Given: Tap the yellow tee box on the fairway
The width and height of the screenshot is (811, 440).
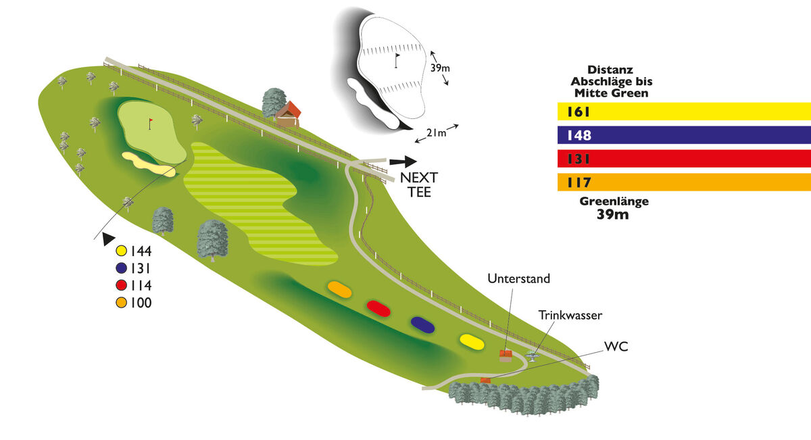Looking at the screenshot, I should click(x=471, y=341).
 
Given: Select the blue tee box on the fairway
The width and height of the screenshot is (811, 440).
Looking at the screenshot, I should click(x=422, y=324).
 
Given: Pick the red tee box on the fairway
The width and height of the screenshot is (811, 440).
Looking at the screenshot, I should click(x=379, y=308).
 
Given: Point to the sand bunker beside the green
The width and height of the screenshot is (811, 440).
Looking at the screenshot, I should click(x=148, y=163).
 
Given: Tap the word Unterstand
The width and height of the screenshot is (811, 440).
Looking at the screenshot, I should click(x=518, y=278).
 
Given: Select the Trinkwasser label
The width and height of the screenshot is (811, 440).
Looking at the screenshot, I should click(x=570, y=315).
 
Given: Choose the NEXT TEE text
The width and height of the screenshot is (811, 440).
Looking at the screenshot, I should click(x=419, y=185).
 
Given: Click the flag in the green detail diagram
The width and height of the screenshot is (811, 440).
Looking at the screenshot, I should click(x=397, y=59).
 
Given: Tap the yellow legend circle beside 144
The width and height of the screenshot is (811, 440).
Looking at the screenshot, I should click(x=122, y=249).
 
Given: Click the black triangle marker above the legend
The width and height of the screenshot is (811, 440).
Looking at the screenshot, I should click(x=107, y=238).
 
